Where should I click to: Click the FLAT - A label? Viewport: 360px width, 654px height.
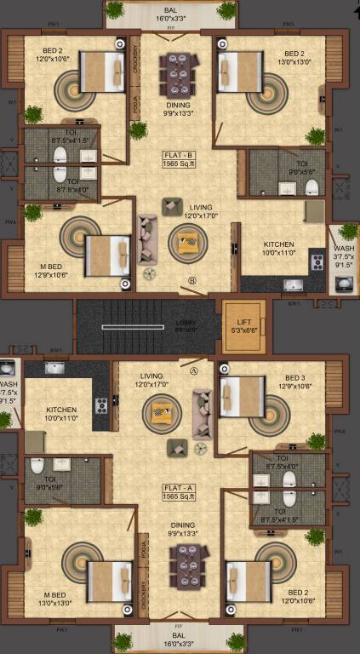(x=180, y=487)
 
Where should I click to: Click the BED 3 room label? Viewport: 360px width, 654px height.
(x=294, y=378)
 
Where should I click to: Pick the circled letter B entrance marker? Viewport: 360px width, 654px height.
(x=192, y=280)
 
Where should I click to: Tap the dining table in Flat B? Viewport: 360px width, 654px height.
(x=180, y=75)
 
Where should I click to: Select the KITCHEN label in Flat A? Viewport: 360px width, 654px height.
(x=61, y=409)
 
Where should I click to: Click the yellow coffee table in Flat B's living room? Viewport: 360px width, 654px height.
(x=186, y=244)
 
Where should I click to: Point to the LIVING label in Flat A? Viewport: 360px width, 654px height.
(x=151, y=375)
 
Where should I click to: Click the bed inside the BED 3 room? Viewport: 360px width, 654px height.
(x=242, y=396)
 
